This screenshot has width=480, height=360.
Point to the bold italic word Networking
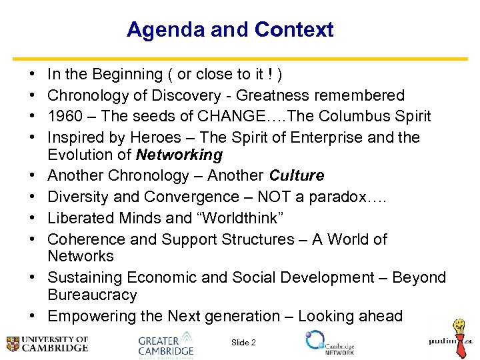click(x=179, y=155)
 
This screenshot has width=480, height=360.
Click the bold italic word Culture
click(x=297, y=176)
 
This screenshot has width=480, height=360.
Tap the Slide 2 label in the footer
click(x=243, y=343)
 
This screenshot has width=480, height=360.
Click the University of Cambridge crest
click(x=13, y=344)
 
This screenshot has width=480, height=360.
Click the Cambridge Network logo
click(x=329, y=341)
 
